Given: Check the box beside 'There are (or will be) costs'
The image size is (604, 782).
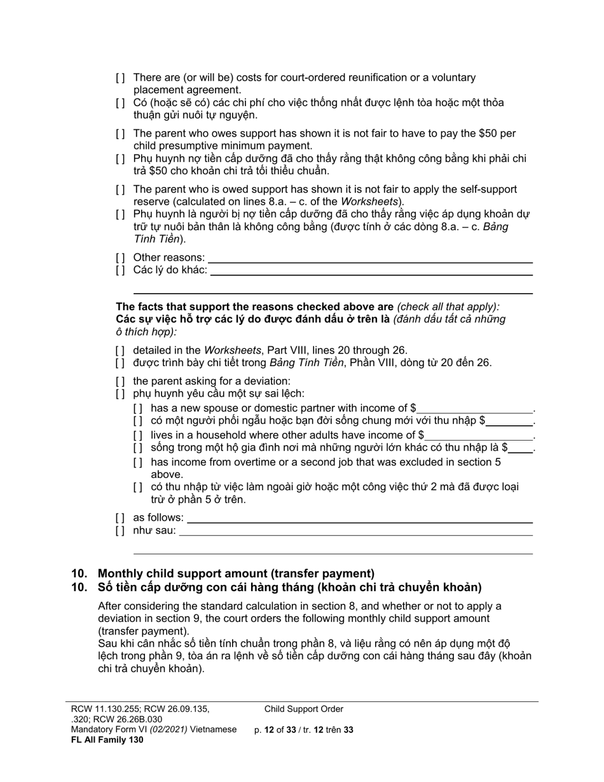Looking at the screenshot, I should click(120, 78).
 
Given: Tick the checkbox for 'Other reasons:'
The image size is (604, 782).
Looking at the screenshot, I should click(120, 258).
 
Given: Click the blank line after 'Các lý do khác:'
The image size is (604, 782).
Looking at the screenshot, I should click(371, 270).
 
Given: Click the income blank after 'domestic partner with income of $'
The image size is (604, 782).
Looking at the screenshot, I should click(474, 409).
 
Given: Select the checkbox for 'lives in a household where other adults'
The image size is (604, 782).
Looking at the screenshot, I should click(138, 436).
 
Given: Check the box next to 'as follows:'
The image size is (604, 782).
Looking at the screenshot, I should click(120, 518).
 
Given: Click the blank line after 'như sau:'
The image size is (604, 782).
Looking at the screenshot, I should click(355, 531).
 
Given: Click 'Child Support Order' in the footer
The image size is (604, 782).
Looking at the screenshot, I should click(304, 710).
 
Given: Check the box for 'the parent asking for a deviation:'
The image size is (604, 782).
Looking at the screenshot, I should click(120, 381).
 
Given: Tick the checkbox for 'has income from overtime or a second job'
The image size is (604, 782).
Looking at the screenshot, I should click(138, 463).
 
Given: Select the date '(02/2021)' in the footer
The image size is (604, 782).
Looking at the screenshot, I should click(168, 730).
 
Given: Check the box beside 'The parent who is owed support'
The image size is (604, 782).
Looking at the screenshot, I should click(120, 190).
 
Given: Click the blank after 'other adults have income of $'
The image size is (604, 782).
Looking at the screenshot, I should click(479, 436).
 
